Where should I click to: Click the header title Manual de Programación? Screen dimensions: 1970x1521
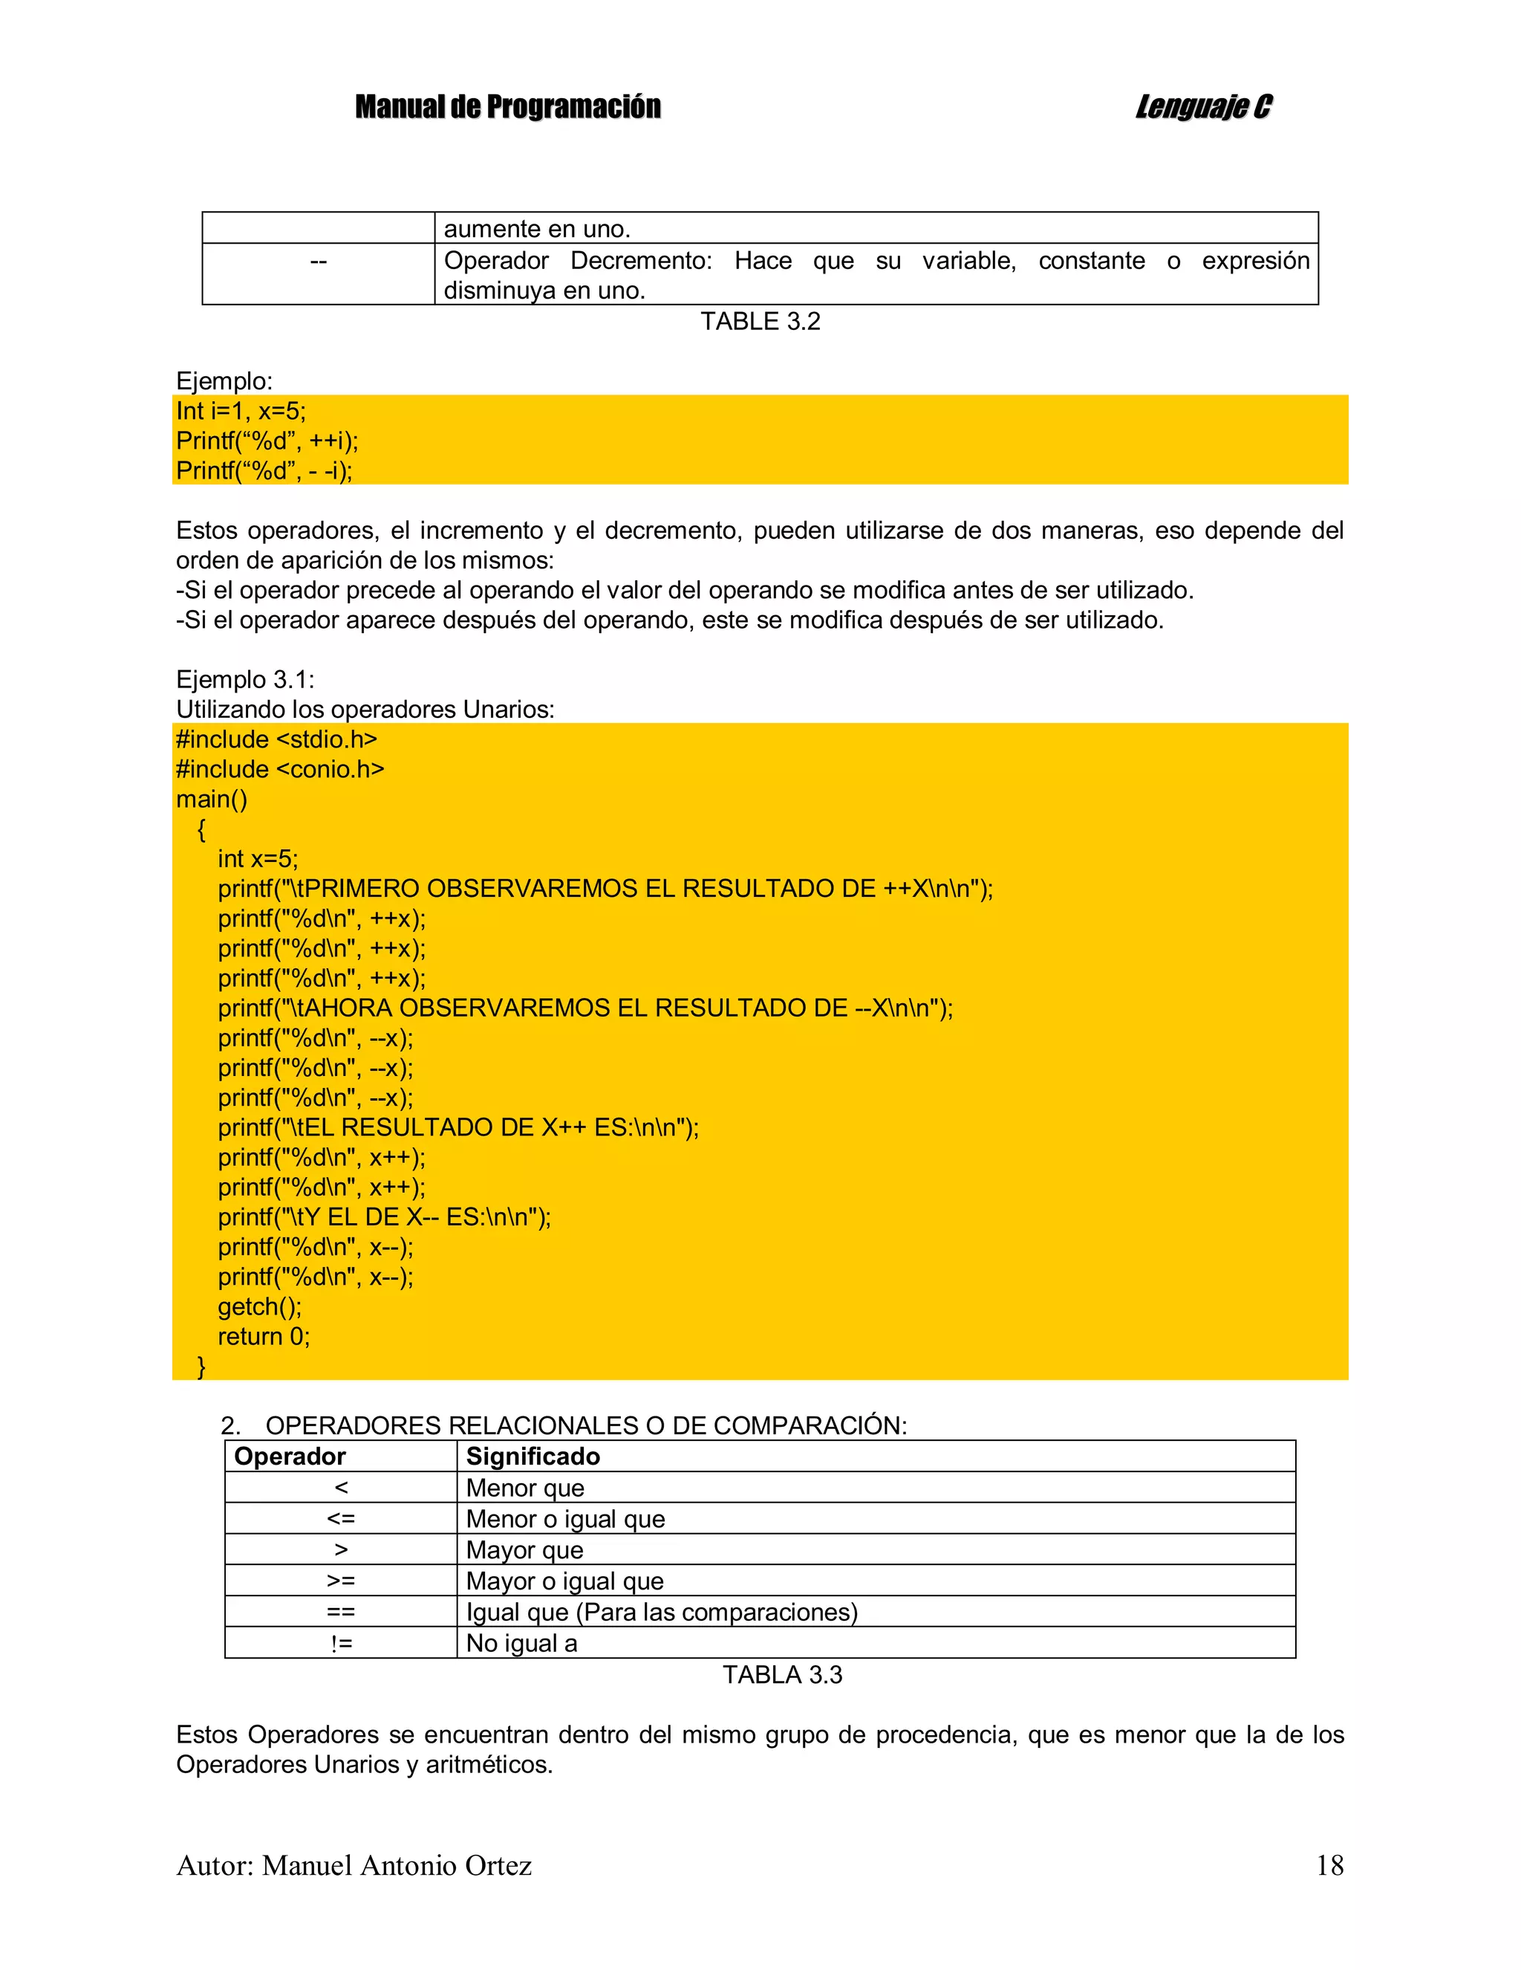[507, 106]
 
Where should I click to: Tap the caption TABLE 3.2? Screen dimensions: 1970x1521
[760, 321]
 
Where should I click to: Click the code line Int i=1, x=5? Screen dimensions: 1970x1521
[241, 412]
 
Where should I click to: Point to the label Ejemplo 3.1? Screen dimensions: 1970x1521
[245, 679]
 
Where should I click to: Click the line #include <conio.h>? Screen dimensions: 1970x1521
[279, 769]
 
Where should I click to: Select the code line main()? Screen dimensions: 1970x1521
[212, 799]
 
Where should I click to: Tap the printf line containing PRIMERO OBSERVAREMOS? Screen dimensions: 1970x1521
[605, 889]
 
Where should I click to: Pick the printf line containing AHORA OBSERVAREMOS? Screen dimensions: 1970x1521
[585, 1008]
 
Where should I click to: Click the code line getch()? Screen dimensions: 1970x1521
[260, 1306]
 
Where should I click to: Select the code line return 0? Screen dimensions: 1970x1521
[263, 1336]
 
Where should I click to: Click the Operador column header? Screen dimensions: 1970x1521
[290, 1456]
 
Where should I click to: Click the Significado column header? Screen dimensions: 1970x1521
[532, 1456]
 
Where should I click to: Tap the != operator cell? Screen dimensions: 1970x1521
[341, 1642]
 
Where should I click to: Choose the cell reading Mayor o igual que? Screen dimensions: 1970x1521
[564, 1581]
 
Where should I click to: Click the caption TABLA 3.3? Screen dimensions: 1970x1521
[782, 1674]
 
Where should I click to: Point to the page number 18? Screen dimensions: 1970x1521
[1329, 1864]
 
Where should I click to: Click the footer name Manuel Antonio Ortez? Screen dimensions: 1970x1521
[397, 1864]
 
